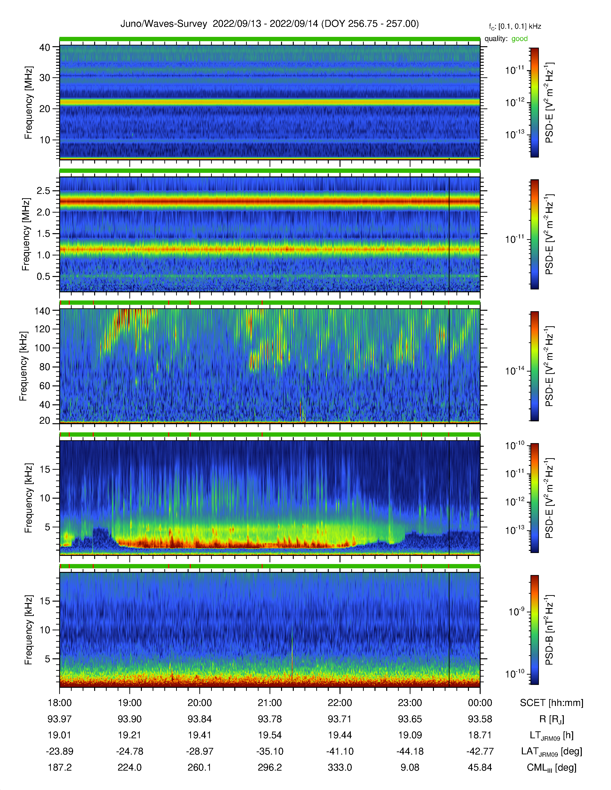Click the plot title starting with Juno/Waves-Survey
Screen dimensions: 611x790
(x=270, y=24)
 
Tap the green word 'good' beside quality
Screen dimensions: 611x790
(x=519, y=39)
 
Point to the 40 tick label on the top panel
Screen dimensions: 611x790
(x=45, y=47)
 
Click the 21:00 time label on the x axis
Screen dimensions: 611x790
(x=270, y=703)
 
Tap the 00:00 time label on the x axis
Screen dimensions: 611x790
(x=480, y=703)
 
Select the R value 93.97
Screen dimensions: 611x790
(x=59, y=719)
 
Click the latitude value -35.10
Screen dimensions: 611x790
(x=270, y=751)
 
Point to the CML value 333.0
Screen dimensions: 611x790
(x=340, y=767)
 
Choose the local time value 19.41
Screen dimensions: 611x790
(x=199, y=735)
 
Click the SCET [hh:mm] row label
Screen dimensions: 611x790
(x=552, y=703)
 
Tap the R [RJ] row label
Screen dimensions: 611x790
(x=552, y=719)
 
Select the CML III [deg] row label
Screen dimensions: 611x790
(x=552, y=767)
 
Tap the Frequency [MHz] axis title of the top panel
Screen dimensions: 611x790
(x=28, y=103)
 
